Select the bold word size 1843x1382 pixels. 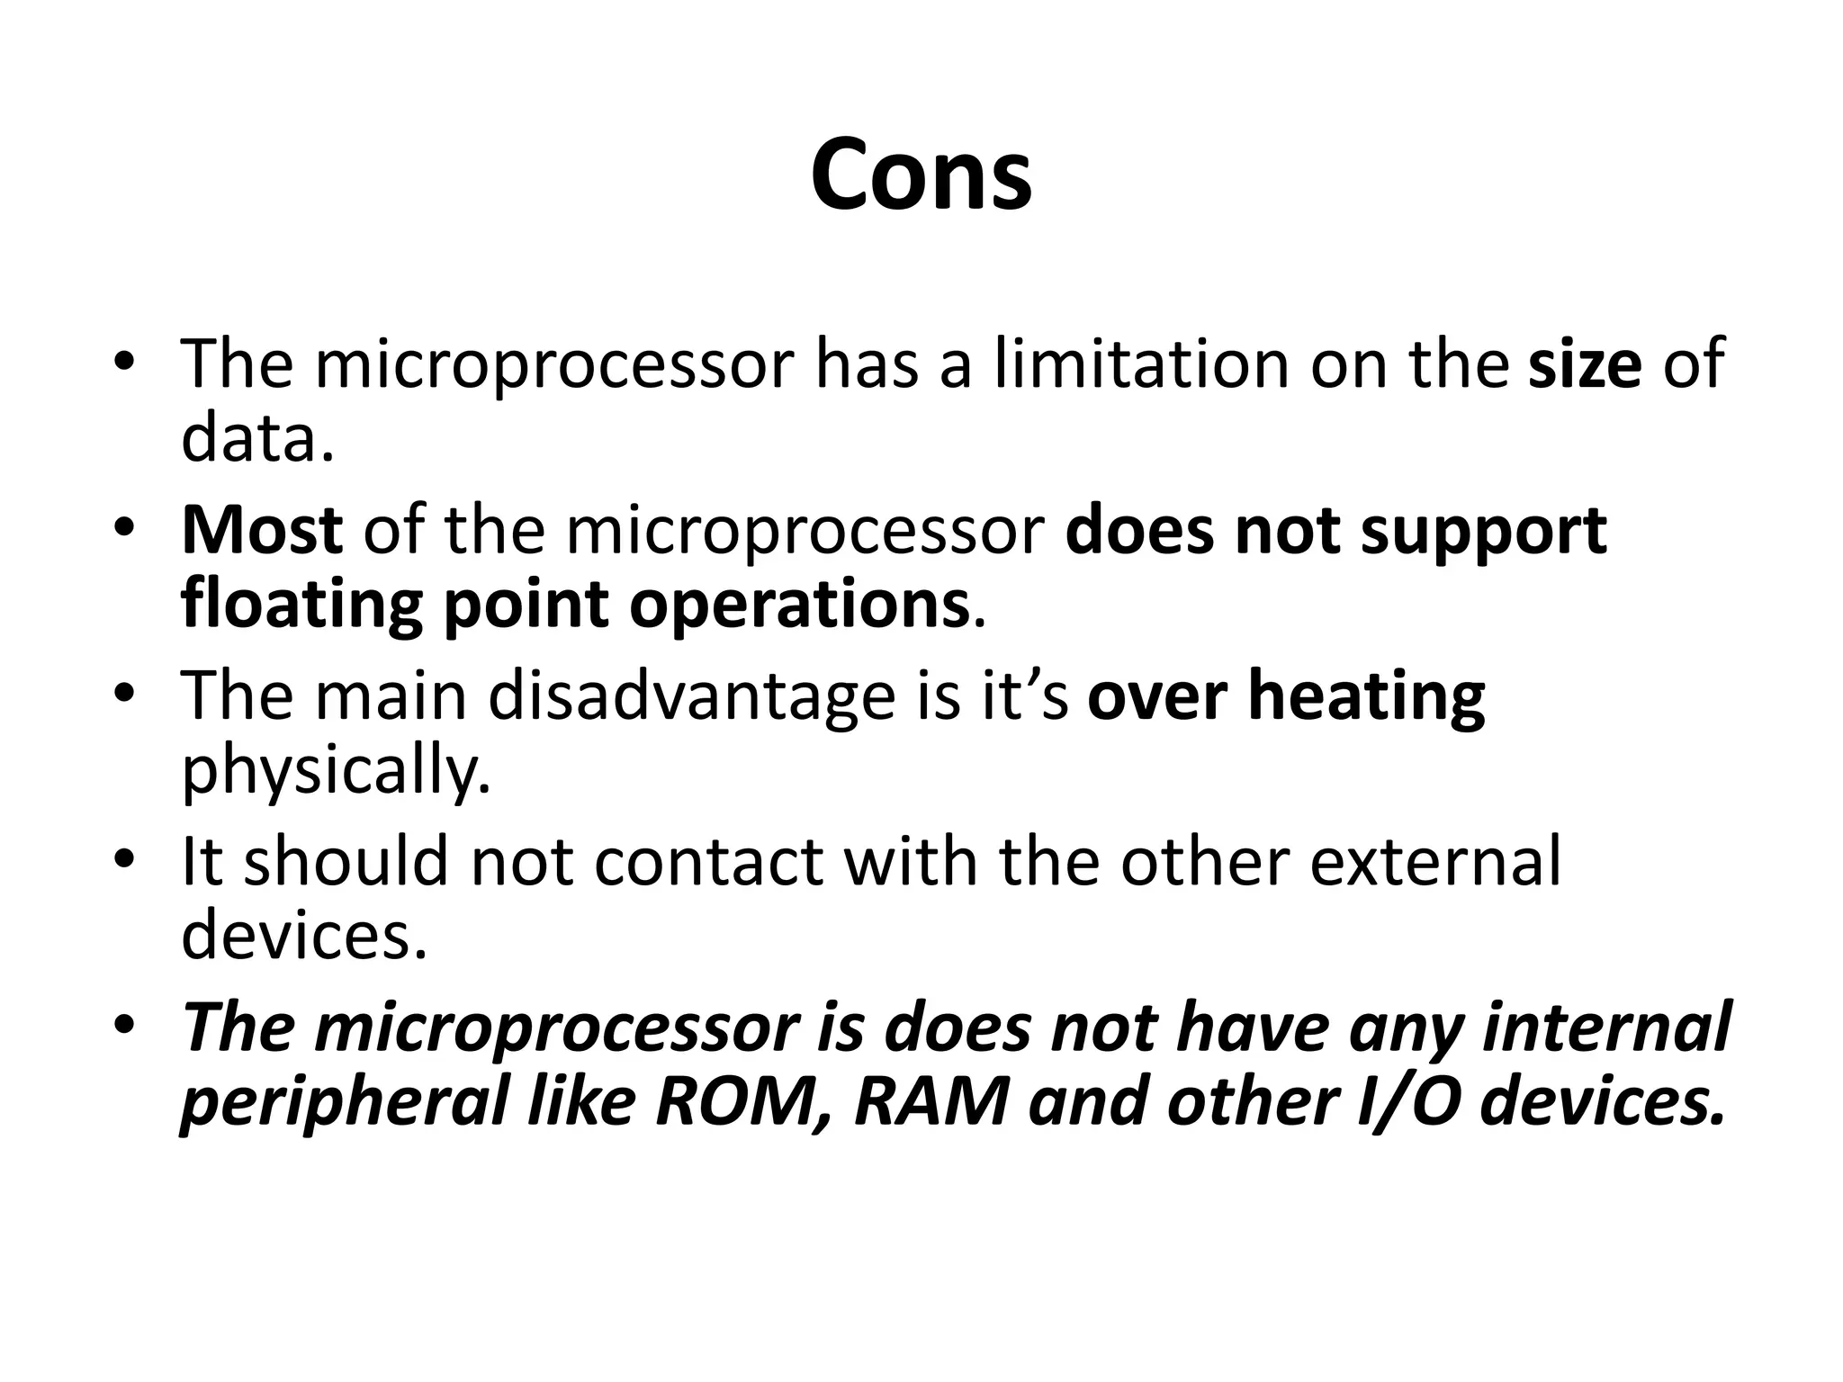tap(1585, 364)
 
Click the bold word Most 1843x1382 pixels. tap(261, 530)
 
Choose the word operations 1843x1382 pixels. tap(798, 605)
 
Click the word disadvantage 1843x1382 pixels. tap(692, 696)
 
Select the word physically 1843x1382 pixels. tap(335, 772)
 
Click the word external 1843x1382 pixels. tap(1434, 862)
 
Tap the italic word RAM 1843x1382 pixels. tap(931, 1103)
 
